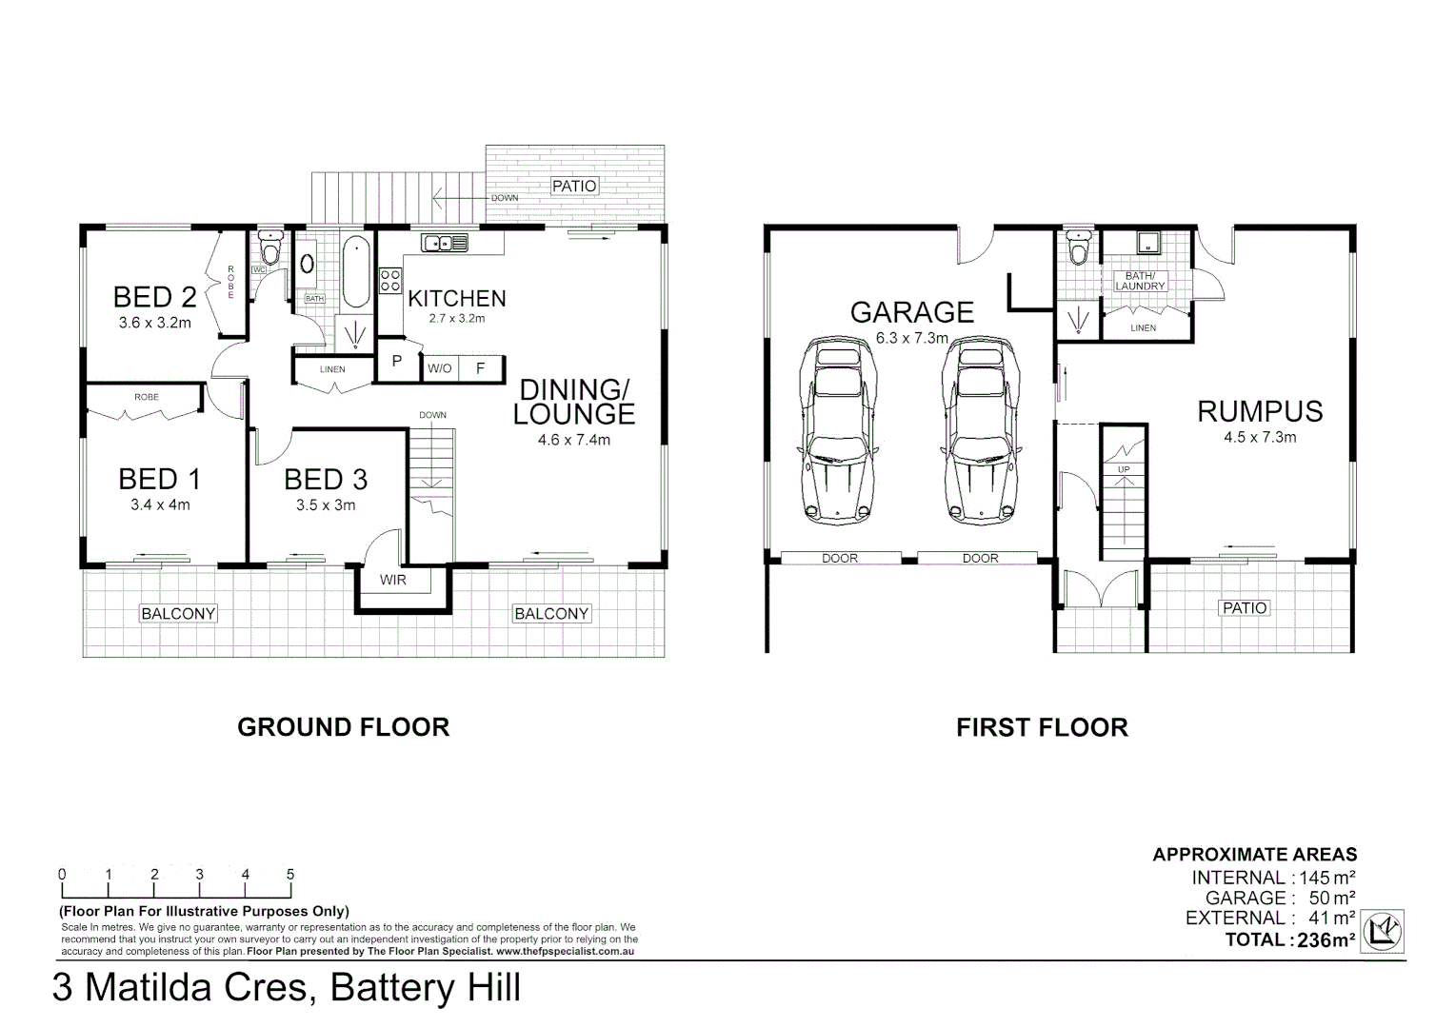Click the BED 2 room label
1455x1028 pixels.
click(154, 297)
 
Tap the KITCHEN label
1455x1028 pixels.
click(457, 299)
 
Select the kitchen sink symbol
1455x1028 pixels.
click(445, 243)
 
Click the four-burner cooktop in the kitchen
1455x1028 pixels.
click(389, 281)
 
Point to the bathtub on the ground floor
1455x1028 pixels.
click(356, 271)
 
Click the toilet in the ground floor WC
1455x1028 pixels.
click(269, 247)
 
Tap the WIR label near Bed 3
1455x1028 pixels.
click(393, 580)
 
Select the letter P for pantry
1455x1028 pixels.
click(397, 361)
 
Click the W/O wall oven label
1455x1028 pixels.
click(440, 369)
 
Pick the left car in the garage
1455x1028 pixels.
click(837, 430)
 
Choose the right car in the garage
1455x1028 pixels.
click(980, 430)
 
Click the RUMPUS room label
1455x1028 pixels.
click(1260, 412)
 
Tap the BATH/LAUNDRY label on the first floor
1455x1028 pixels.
click(1140, 281)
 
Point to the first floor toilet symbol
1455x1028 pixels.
click(1079, 247)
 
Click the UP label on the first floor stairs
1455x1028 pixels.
click(1124, 469)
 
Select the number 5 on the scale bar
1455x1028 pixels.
click(290, 874)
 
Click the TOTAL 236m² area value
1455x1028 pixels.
click(1325, 940)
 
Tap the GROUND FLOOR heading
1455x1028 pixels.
click(344, 727)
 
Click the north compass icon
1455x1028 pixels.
click(1383, 931)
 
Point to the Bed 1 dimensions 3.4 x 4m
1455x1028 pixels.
click(160, 504)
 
